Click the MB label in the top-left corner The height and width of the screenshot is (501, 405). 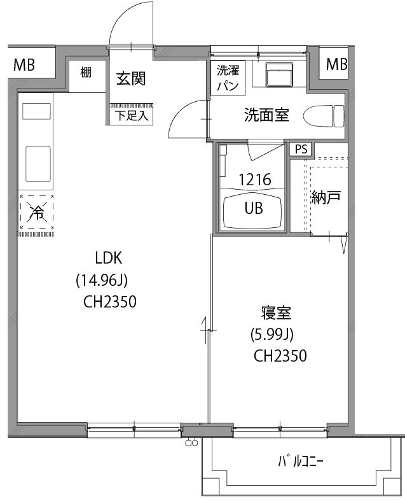(x=24, y=64)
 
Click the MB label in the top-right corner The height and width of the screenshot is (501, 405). (x=336, y=64)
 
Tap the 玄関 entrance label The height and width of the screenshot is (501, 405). (x=131, y=78)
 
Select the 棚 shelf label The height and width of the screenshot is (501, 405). (x=86, y=72)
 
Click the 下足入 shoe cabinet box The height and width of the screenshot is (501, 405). (x=131, y=116)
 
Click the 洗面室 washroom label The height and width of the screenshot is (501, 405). (x=267, y=115)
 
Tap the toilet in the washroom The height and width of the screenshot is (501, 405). (x=324, y=116)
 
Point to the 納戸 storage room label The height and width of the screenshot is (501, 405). (x=326, y=197)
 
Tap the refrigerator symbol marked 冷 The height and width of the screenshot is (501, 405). (x=38, y=213)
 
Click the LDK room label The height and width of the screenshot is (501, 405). (x=108, y=258)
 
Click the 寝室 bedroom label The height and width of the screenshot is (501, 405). (x=276, y=313)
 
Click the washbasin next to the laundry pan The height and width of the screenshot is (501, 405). (x=278, y=76)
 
